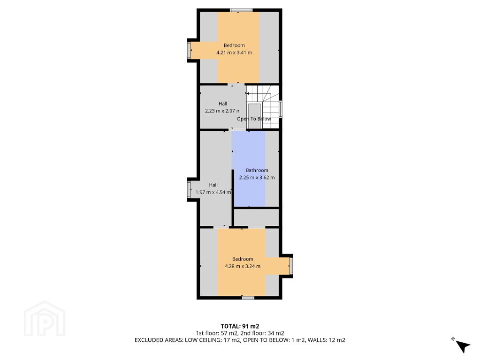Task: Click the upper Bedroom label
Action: pos(234,45)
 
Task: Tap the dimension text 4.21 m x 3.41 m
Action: pos(234,52)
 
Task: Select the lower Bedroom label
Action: pos(243,259)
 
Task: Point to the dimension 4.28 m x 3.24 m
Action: pos(243,266)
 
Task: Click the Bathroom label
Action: pos(257,170)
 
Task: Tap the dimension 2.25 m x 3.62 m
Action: pos(257,177)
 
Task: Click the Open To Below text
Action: pos(254,119)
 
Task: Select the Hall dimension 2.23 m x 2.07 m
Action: pos(223,111)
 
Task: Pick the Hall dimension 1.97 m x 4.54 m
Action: pos(213,192)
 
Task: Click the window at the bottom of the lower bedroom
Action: pos(248,297)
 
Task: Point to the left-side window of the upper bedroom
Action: pos(189,50)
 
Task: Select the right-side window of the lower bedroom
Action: pos(291,266)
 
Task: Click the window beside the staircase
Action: pos(281,109)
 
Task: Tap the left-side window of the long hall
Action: pos(189,190)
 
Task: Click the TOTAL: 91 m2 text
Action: pos(240,326)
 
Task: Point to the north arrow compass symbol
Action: pos(462,345)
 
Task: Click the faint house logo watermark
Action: pos(45,318)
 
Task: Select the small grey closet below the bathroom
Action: pos(257,217)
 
